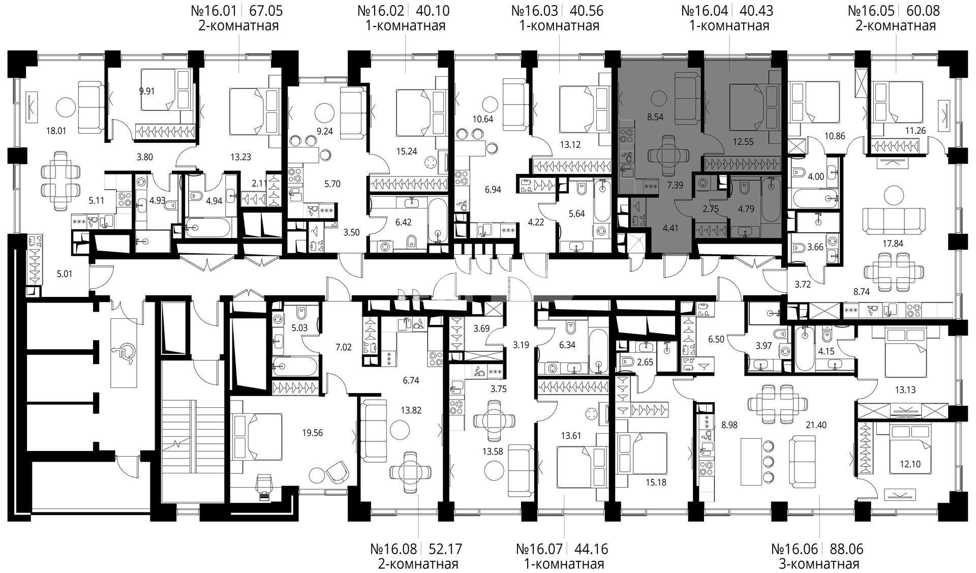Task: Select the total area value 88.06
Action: pyautogui.click(x=846, y=549)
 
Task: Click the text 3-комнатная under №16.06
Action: pyautogui.click(x=818, y=564)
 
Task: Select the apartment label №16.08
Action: pyautogui.click(x=393, y=549)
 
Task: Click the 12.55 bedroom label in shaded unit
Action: pyautogui.click(x=743, y=142)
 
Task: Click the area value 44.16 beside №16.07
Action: pyautogui.click(x=591, y=549)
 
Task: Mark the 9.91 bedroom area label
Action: pyautogui.click(x=146, y=92)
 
